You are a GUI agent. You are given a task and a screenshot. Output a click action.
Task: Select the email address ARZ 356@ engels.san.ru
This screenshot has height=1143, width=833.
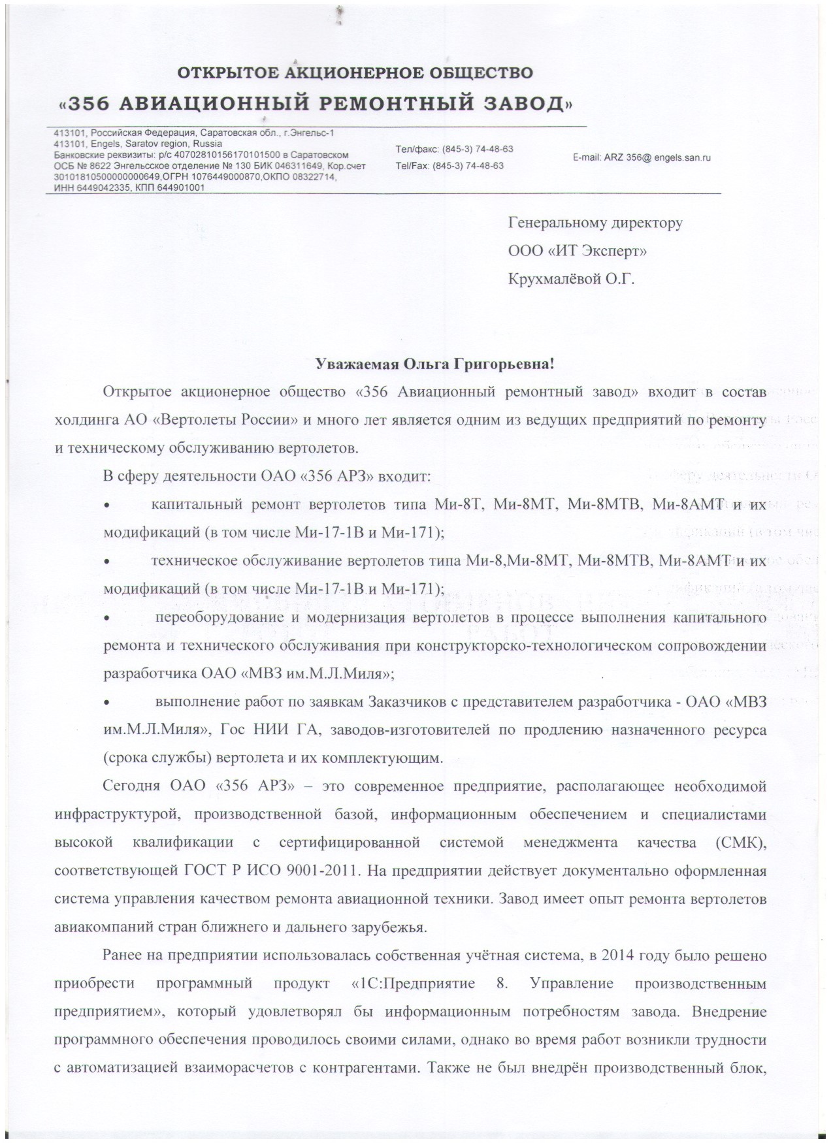coord(642,158)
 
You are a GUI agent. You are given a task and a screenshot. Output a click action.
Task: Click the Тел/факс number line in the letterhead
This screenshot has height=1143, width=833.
coord(454,149)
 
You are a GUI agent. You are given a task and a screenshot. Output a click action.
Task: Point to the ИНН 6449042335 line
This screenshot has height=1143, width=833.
coord(97,187)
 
